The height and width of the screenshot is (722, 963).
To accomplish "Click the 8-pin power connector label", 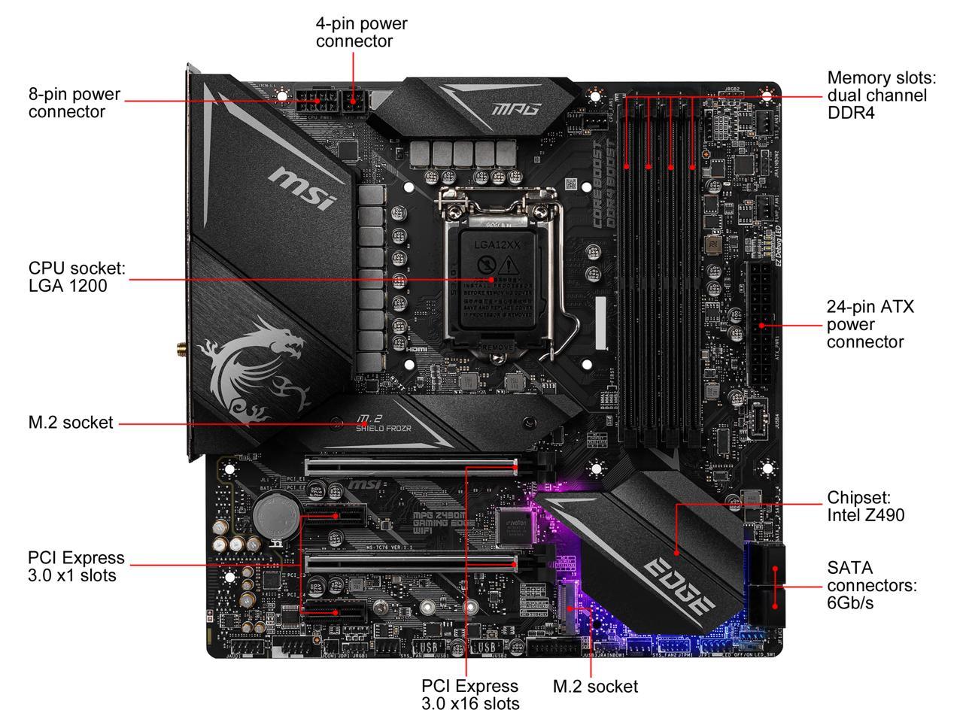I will click(74, 103).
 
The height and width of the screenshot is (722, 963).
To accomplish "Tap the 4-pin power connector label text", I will click(361, 32).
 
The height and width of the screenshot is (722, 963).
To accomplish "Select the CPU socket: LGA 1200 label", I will click(77, 277).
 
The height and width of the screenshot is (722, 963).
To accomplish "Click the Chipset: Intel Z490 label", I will click(865, 506).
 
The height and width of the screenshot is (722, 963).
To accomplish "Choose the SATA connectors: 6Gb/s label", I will click(871, 585).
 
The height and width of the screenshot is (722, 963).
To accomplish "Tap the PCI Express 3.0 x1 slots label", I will click(76, 566).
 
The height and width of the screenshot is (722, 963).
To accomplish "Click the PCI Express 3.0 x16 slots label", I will click(470, 695).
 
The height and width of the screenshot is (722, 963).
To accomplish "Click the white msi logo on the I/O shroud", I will click(302, 187).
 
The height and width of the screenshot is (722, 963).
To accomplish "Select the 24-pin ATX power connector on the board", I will click(760, 323).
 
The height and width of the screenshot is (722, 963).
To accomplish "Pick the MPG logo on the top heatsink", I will click(516, 109).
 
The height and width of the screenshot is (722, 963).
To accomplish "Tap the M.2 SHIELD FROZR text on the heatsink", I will click(383, 423).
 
